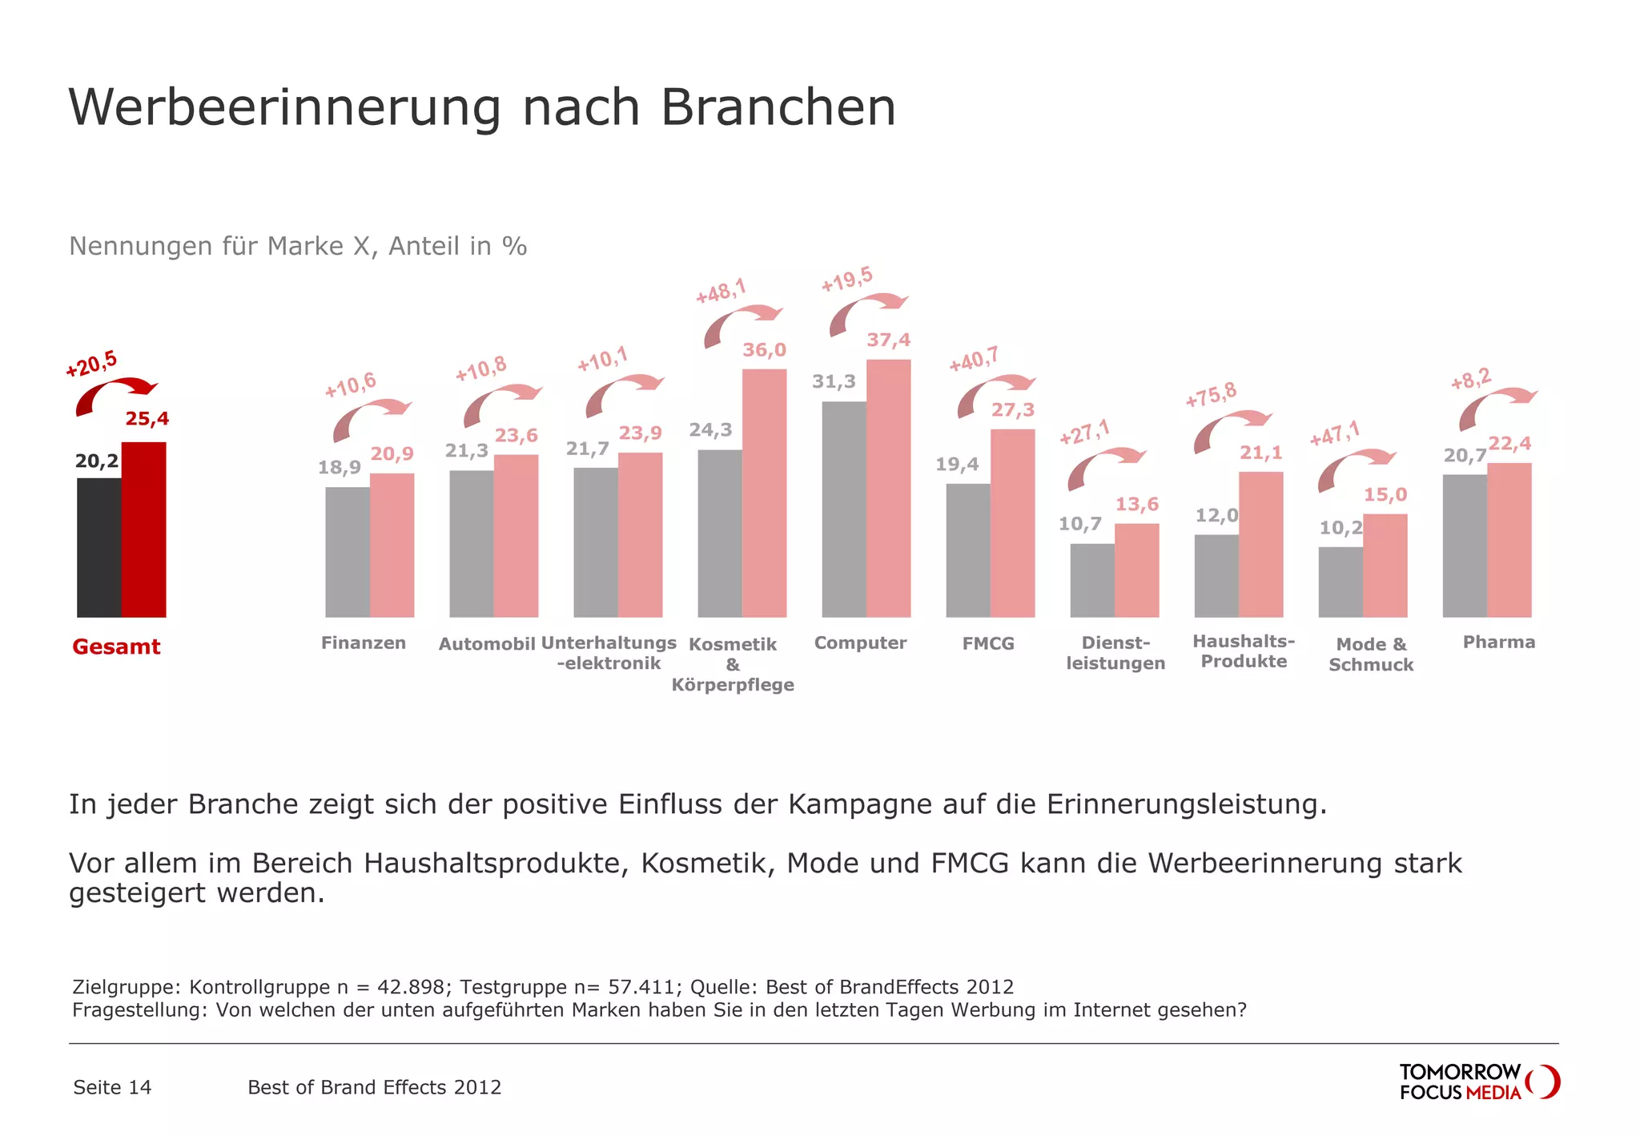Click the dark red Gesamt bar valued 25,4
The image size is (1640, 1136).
tap(143, 530)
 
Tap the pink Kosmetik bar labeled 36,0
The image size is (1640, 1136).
tap(764, 493)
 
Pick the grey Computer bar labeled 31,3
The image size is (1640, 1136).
tap(843, 509)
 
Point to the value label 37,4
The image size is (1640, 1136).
tap(888, 340)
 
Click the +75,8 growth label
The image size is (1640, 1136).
tap(1211, 395)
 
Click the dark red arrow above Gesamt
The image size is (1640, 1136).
tap(115, 393)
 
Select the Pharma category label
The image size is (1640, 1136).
tap(1498, 643)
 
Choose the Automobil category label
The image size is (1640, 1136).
tap(486, 644)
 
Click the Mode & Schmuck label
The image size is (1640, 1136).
tap(1370, 655)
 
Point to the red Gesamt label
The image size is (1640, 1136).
tap(116, 647)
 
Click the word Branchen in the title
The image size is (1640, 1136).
tap(778, 107)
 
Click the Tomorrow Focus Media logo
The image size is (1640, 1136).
tap(1478, 1082)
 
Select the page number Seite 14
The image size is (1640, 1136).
tap(112, 1087)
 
